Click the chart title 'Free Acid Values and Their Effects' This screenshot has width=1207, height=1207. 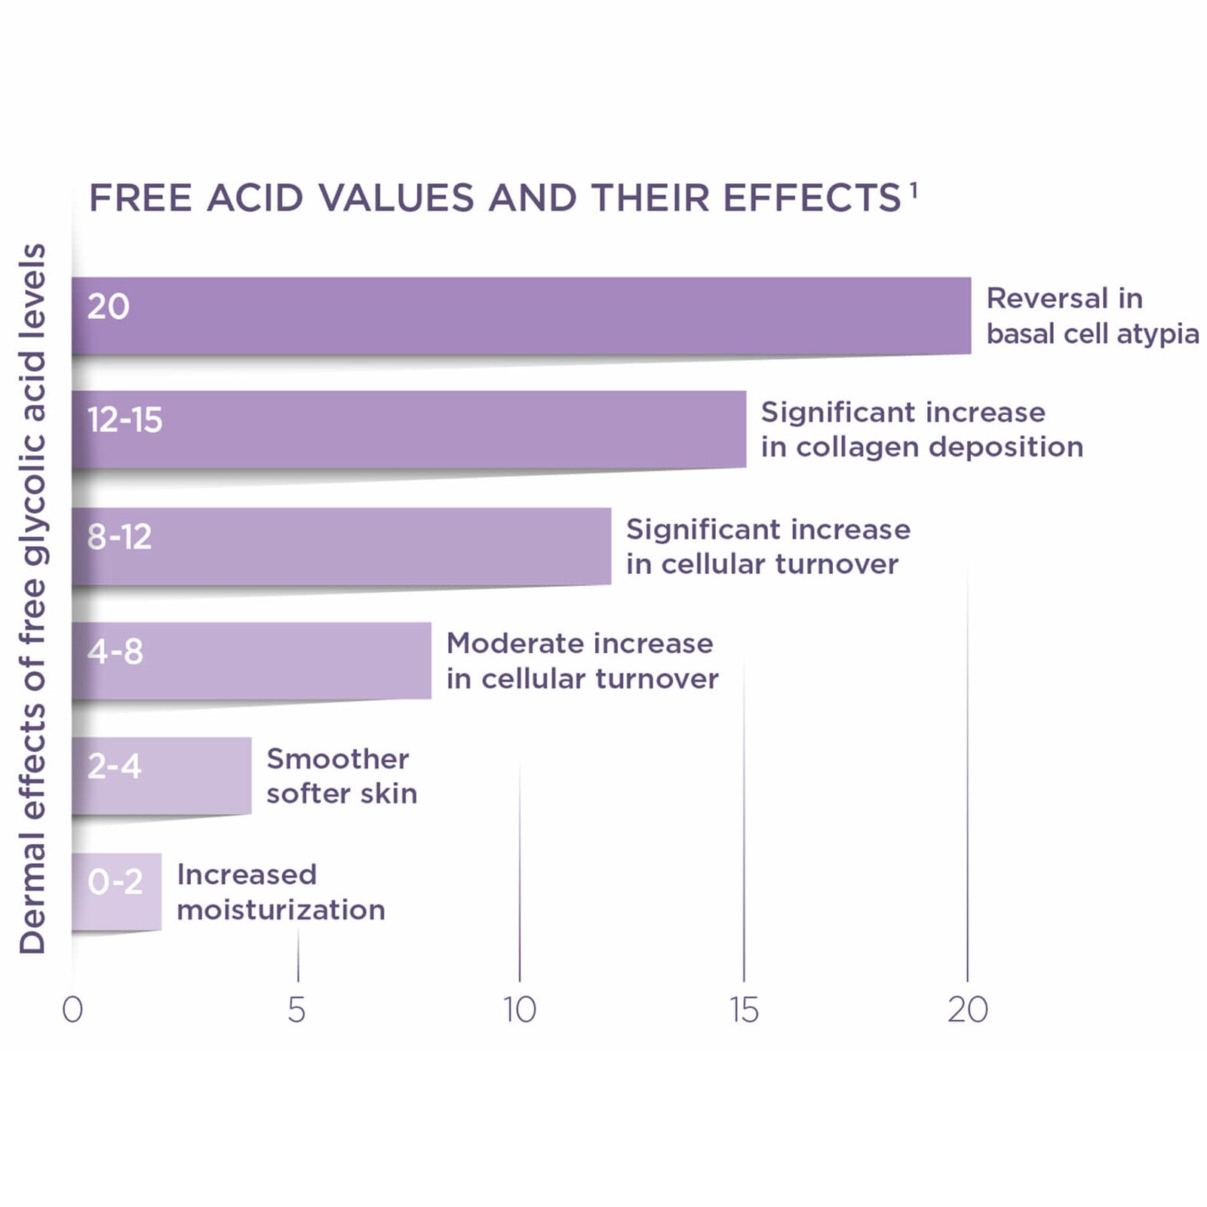495,198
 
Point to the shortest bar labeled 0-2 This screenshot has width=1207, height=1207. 117,892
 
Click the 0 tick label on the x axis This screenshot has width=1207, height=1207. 72,1010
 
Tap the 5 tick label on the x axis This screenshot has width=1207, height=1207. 296,1010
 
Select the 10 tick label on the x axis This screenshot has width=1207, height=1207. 520,1010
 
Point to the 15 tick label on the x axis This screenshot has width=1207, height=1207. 744,1010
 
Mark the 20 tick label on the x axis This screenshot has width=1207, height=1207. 968,1010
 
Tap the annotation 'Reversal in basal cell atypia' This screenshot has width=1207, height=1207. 1092,316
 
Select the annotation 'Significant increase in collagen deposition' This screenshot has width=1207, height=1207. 922,429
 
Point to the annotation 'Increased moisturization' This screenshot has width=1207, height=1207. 281,892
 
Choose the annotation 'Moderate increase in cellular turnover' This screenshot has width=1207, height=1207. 582,661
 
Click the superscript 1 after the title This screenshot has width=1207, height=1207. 914,190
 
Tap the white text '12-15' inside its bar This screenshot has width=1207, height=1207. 124,420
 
